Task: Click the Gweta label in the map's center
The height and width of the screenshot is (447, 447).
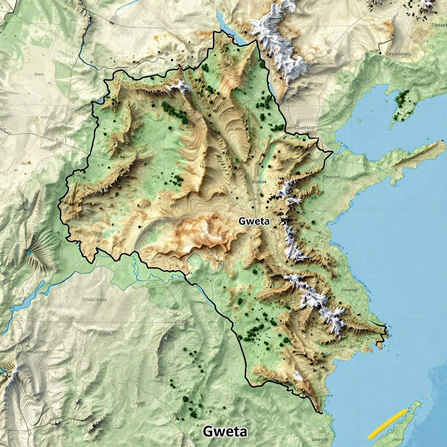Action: pos(254,221)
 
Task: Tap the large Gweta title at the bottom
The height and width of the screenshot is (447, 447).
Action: pos(225,431)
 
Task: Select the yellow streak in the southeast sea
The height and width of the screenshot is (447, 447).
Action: pos(387,424)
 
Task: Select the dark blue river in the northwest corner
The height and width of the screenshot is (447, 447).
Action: pos(85,48)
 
